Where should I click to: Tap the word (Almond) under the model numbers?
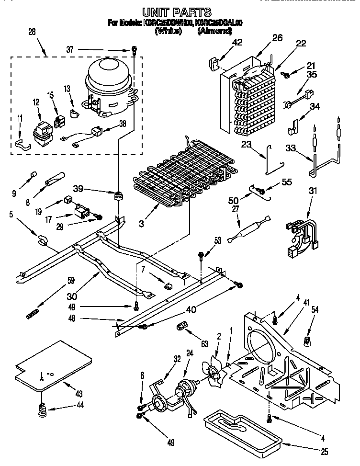pyautogui.click(x=214, y=31)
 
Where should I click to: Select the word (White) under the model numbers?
pyautogui.click(x=168, y=31)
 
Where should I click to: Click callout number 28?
pyautogui.click(x=32, y=32)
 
